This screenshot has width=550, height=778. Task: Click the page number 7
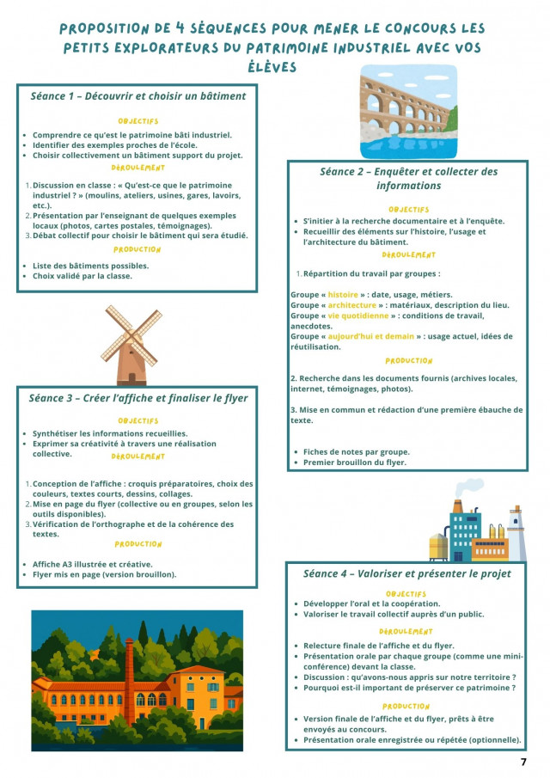point(523,762)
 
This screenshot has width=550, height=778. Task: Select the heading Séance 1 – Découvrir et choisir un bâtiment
point(137,96)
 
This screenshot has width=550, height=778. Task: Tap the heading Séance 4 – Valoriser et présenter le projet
point(407,573)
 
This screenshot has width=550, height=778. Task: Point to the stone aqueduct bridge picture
point(409,111)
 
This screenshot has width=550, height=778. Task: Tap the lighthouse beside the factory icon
point(516,533)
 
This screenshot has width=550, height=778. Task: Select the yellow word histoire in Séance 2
point(343,295)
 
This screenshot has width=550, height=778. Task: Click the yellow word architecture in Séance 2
point(351,305)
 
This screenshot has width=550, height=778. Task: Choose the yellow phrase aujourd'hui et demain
point(370,337)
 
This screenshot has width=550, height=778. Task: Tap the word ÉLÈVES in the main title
point(274,66)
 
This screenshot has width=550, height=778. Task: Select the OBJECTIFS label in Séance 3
point(138,420)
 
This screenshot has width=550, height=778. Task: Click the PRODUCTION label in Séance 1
point(137,249)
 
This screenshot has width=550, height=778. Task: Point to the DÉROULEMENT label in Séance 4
point(406,631)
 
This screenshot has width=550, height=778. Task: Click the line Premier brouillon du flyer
point(355,463)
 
